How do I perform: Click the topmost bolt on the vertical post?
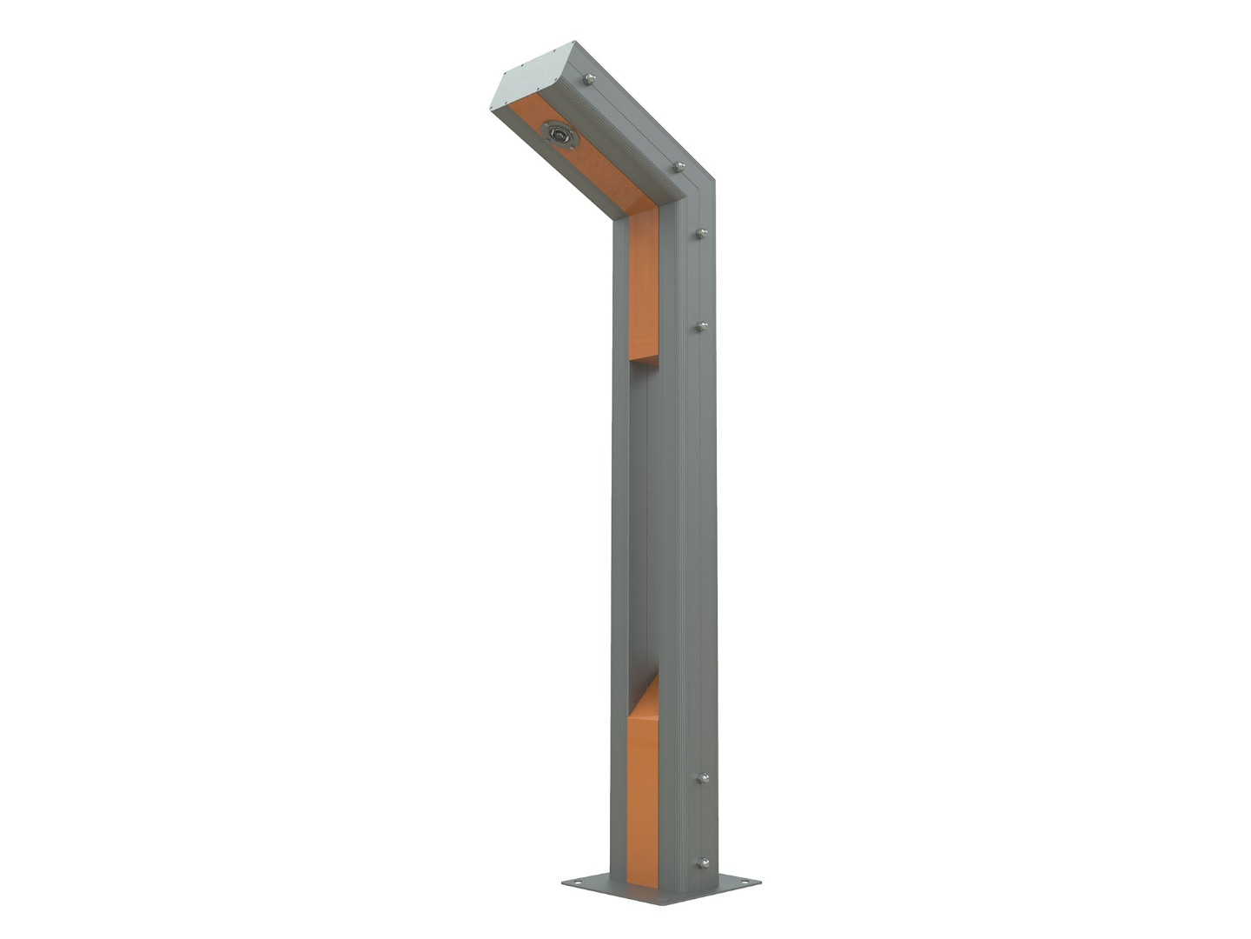click(701, 233)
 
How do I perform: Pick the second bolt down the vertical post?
click(701, 327)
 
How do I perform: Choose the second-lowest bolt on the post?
click(702, 778)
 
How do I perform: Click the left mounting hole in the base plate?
click(573, 884)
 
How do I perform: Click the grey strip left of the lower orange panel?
click(619, 800)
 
